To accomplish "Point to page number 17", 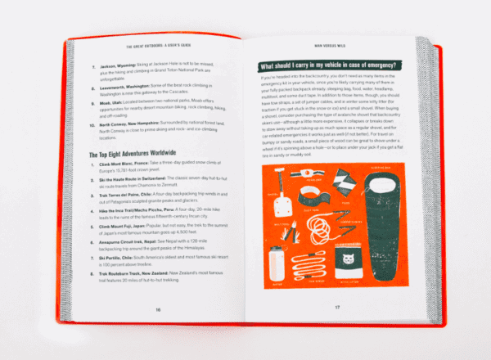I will (336, 308).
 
